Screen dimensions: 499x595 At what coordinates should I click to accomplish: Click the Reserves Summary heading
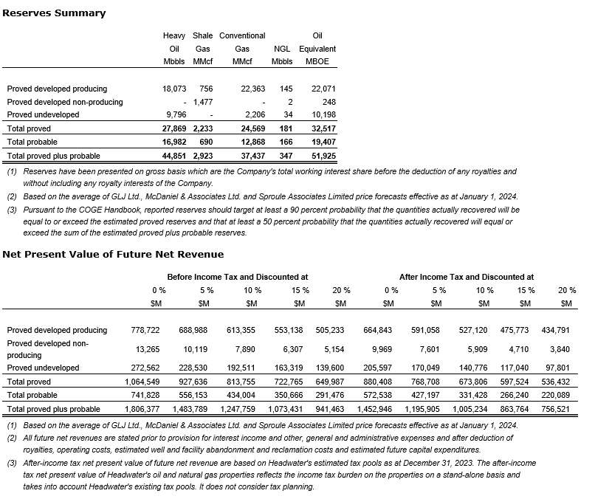click(x=54, y=13)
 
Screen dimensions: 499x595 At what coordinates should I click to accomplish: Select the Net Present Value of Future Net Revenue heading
click(x=113, y=254)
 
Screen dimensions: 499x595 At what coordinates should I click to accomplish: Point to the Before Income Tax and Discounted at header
click(x=238, y=277)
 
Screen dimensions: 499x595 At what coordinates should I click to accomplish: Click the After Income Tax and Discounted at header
click(x=466, y=277)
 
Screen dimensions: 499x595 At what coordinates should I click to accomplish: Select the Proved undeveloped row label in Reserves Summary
click(x=43, y=115)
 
